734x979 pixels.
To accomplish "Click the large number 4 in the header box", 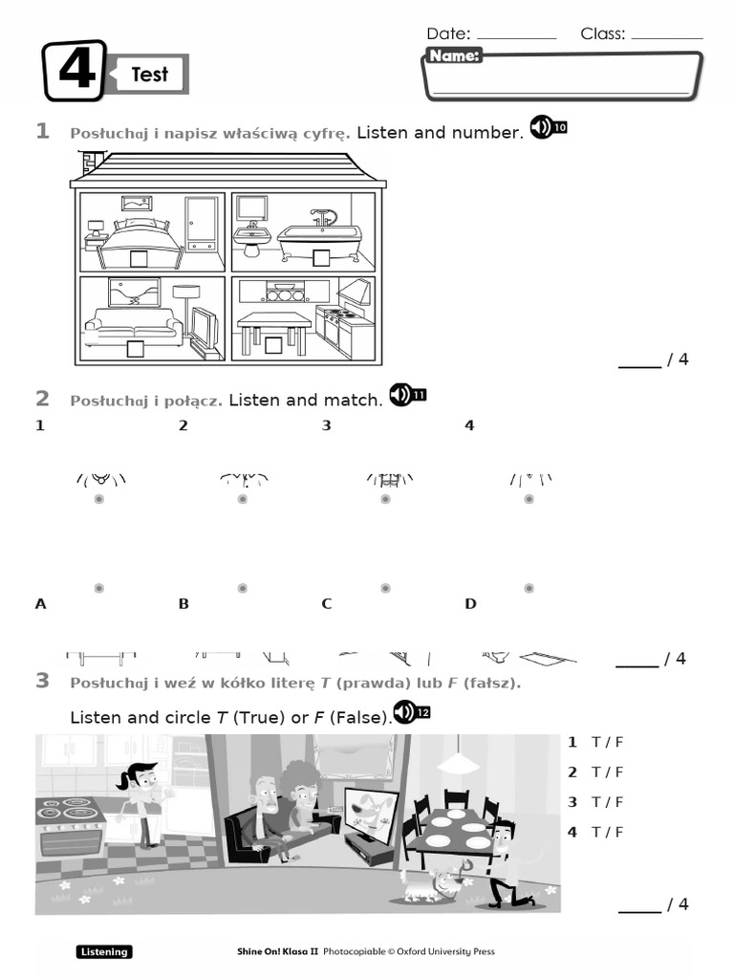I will (75, 72).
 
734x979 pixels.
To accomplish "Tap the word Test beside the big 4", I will (149, 75).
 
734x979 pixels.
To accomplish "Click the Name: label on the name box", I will (454, 56).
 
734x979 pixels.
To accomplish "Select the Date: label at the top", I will (448, 33).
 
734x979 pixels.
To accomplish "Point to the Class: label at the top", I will (602, 33).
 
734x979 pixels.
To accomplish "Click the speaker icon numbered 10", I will (547, 127).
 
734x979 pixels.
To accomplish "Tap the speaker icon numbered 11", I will (407, 394).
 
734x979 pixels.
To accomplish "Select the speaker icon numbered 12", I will (412, 712).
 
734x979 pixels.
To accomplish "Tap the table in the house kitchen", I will (273, 325).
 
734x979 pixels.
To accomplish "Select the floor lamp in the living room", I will (186, 306).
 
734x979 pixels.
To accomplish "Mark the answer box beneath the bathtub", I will (321, 257).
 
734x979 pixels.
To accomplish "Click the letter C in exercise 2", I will (326, 603).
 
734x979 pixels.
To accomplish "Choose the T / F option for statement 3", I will (607, 801).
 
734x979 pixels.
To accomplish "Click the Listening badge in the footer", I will (103, 951).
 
